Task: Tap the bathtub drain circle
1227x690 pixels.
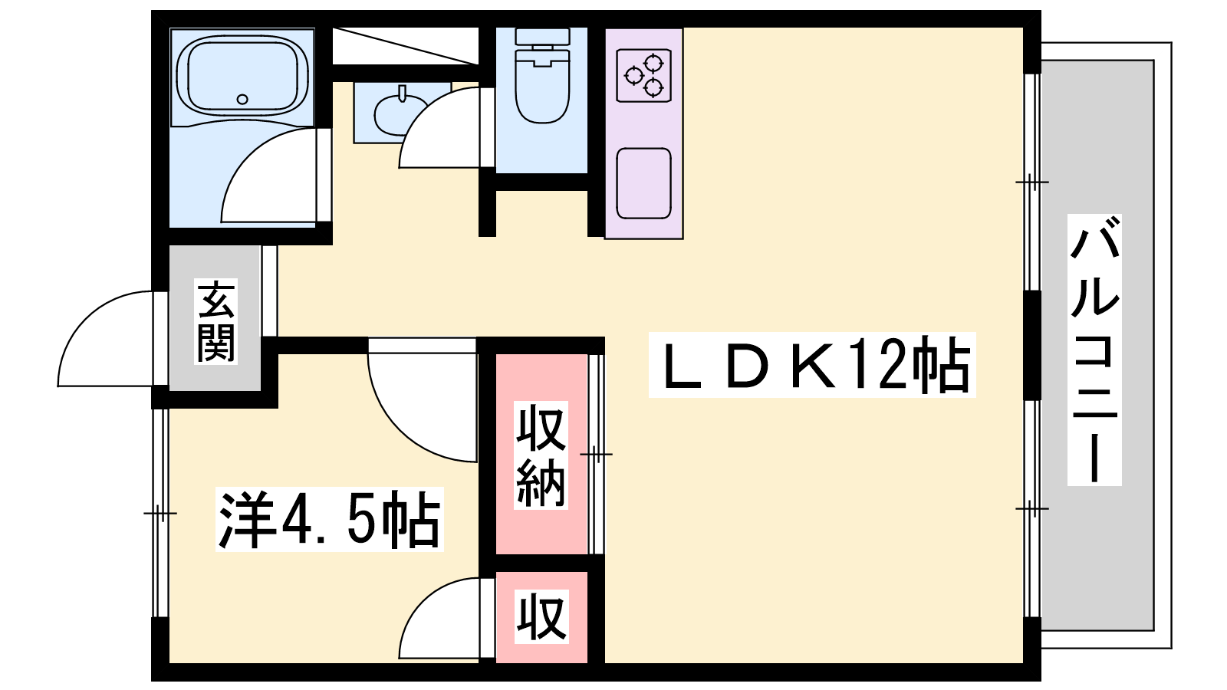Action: (242, 99)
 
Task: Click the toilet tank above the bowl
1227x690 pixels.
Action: (542, 37)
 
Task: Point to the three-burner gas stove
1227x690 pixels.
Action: (644, 76)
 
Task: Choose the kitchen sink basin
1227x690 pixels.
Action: (644, 183)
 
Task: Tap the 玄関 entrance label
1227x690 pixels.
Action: (215, 321)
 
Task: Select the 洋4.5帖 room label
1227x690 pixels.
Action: (330, 519)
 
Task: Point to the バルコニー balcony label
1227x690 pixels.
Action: (1094, 350)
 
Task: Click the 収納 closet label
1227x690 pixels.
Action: (541, 455)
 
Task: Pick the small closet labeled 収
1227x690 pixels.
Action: (541, 617)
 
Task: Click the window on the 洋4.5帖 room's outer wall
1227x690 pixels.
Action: (160, 512)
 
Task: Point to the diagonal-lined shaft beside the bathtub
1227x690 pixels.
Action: (405, 46)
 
